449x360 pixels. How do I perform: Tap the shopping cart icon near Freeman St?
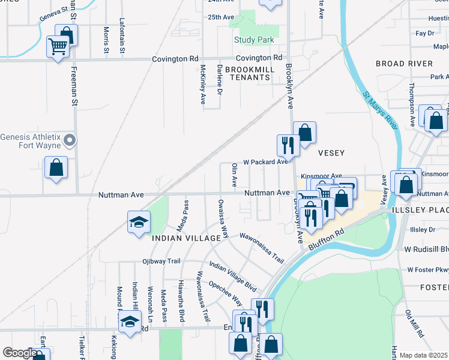[x=58, y=46]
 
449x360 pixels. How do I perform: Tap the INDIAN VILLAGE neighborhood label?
[x=187, y=238]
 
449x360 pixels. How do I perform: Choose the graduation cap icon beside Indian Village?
[x=138, y=222]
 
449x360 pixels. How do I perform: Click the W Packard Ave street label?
[x=265, y=162]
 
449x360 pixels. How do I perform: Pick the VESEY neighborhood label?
[x=330, y=152]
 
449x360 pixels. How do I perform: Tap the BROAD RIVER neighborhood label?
[x=404, y=64]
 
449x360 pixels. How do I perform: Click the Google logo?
[x=20, y=353]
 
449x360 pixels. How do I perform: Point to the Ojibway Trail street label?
[x=161, y=261]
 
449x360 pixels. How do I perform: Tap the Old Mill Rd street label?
[x=414, y=323]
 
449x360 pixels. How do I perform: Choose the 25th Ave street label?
[x=220, y=17]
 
